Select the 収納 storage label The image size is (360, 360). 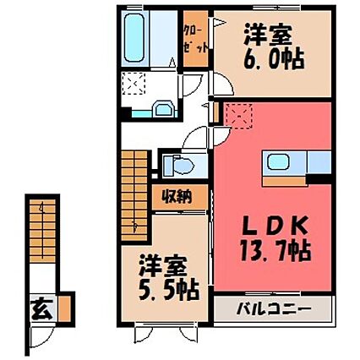[x=177, y=198]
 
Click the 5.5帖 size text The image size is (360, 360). [x=171, y=289]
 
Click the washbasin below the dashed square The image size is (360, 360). [x=164, y=107]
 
